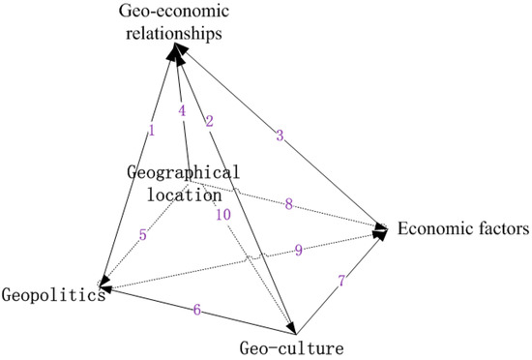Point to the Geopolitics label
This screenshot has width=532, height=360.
click(x=52, y=294)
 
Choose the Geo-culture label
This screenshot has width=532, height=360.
click(x=291, y=345)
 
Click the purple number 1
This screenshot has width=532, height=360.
click(x=153, y=130)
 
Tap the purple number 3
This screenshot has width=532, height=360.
click(x=280, y=135)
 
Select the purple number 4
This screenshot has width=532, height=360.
click(x=181, y=109)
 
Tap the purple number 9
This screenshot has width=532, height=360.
click(x=299, y=250)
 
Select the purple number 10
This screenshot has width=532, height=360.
click(x=223, y=215)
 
